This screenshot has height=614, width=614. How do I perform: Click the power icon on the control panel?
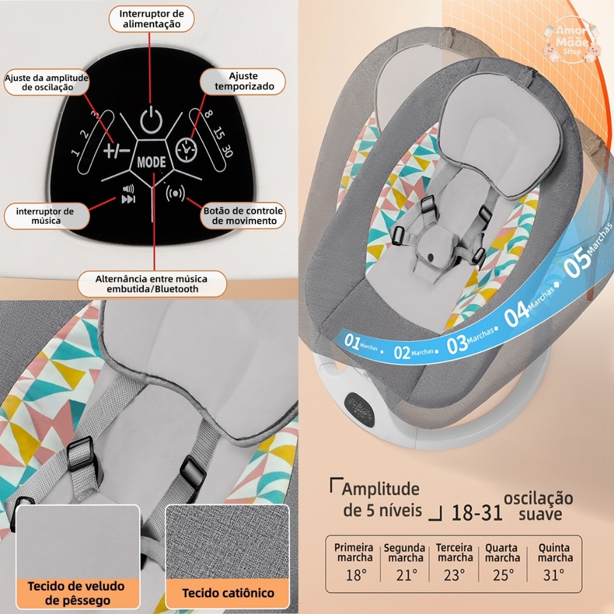click(x=151, y=120)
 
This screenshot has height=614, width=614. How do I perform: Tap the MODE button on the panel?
click(x=151, y=162)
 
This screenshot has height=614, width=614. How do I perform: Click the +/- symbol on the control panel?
click(x=116, y=150)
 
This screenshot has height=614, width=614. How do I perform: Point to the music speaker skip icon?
click(x=128, y=194)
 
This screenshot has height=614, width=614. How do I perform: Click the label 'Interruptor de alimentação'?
click(x=151, y=19)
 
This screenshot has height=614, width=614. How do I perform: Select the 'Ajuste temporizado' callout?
click(x=243, y=82)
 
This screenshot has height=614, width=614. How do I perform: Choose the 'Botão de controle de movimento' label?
click(x=243, y=216)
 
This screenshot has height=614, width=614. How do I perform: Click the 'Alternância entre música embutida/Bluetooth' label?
click(x=151, y=284)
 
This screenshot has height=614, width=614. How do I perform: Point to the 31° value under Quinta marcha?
click(x=554, y=576)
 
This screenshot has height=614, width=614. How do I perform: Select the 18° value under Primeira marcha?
click(x=356, y=576)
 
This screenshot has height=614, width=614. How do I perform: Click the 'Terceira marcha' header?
click(x=454, y=553)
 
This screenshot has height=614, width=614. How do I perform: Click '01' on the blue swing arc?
click(x=352, y=342)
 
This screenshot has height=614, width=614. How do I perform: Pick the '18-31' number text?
click(x=477, y=513)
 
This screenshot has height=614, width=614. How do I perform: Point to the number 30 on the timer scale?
click(x=226, y=151)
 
